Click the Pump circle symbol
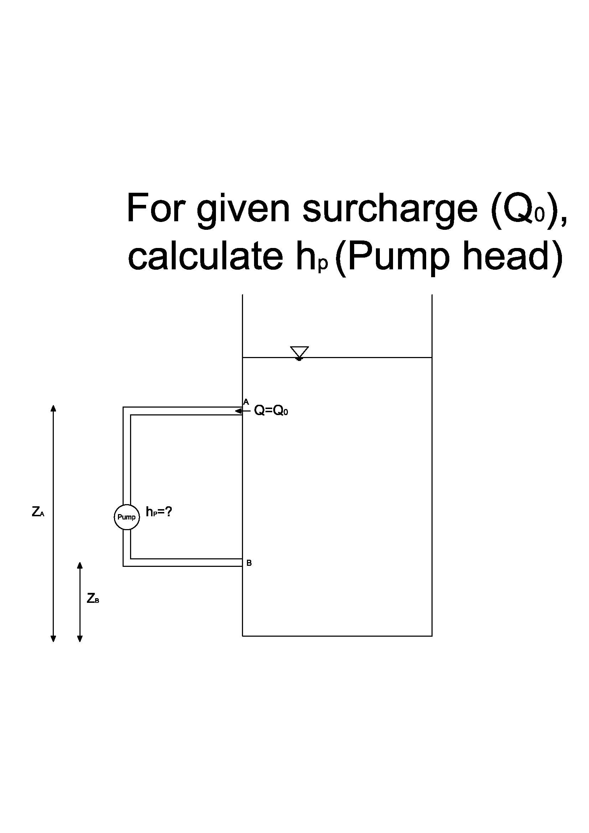click(126, 517)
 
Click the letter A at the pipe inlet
click(246, 402)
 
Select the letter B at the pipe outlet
click(249, 563)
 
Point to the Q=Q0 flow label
click(271, 411)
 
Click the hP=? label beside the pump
click(159, 512)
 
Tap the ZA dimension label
click(38, 512)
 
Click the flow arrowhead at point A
click(238, 411)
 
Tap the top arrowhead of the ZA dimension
click(53, 408)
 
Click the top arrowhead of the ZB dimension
click(80, 565)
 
